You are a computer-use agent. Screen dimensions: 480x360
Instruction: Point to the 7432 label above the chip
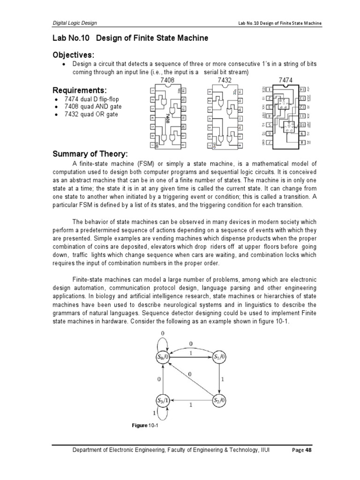pyautogui.click(x=226, y=81)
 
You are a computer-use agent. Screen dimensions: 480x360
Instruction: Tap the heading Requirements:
pyautogui.click(x=80, y=90)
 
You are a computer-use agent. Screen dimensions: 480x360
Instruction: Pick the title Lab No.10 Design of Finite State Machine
pyautogui.click(x=130, y=38)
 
